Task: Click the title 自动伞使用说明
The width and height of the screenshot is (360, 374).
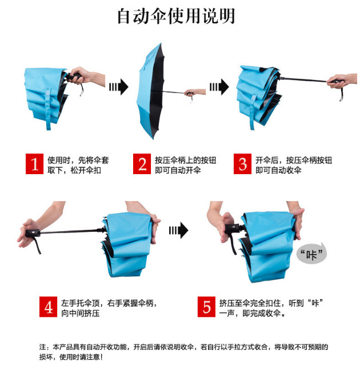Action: coord(176,16)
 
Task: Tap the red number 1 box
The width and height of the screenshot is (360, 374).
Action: coord(35,164)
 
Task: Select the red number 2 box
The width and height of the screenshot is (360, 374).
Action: coord(142,164)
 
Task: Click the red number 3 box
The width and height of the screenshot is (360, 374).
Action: coord(243,164)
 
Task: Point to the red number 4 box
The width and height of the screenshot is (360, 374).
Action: coord(49,307)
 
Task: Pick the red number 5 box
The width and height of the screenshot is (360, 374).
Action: coord(207,307)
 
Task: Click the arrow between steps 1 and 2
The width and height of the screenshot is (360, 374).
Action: coord(119,87)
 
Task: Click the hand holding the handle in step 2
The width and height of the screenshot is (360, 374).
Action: coord(195,92)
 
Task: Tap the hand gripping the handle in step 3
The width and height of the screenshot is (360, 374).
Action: coord(342,81)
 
